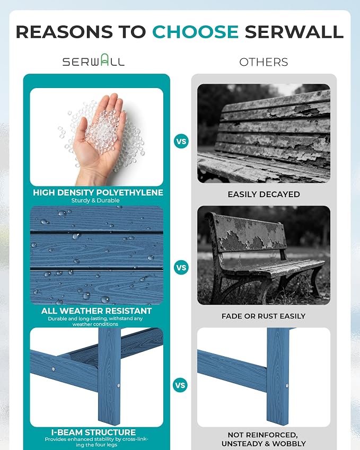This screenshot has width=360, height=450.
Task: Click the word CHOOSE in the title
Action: pos(195,32)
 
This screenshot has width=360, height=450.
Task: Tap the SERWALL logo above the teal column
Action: pos(94,60)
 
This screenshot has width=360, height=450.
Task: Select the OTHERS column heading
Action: pos(264,62)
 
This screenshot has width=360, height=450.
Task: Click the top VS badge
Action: pos(181,141)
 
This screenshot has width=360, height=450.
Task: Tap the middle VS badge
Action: pos(181,268)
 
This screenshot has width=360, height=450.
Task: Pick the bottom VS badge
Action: pos(180,385)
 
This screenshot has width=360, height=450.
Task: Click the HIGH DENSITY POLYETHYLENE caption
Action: pos(98,192)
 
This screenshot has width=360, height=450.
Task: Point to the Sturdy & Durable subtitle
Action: pos(95,200)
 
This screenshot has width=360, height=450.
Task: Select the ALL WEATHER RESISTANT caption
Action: pos(96,311)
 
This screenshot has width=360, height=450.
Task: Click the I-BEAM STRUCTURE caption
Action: pos(94,432)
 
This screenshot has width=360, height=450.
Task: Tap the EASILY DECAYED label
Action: pos(264,195)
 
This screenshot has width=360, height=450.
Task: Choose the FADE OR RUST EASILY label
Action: pos(264,316)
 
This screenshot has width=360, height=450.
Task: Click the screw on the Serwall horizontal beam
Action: pos(54,369)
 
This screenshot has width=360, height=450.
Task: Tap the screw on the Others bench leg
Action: pos(286,386)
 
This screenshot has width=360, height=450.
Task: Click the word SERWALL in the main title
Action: pos(294,32)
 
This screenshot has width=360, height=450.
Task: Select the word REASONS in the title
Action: pos(64,32)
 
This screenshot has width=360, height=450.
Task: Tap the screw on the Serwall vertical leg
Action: pos(119,385)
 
